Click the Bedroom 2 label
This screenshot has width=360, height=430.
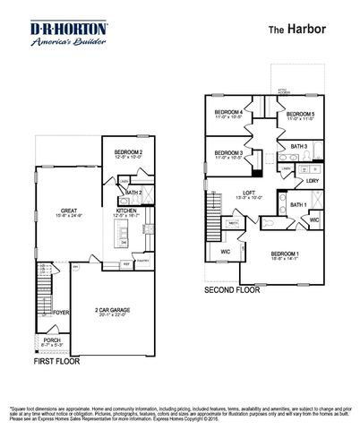click(129, 153)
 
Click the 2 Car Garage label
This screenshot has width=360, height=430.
click(114, 310)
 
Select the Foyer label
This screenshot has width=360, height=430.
click(62, 313)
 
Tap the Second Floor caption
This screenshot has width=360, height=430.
click(232, 289)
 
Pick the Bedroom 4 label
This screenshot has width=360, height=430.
click(230, 112)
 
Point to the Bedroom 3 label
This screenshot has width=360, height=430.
click(230, 153)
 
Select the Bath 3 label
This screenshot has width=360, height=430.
click(299, 146)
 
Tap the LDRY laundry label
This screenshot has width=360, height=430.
click(313, 182)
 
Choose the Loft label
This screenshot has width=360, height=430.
click(255, 193)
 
